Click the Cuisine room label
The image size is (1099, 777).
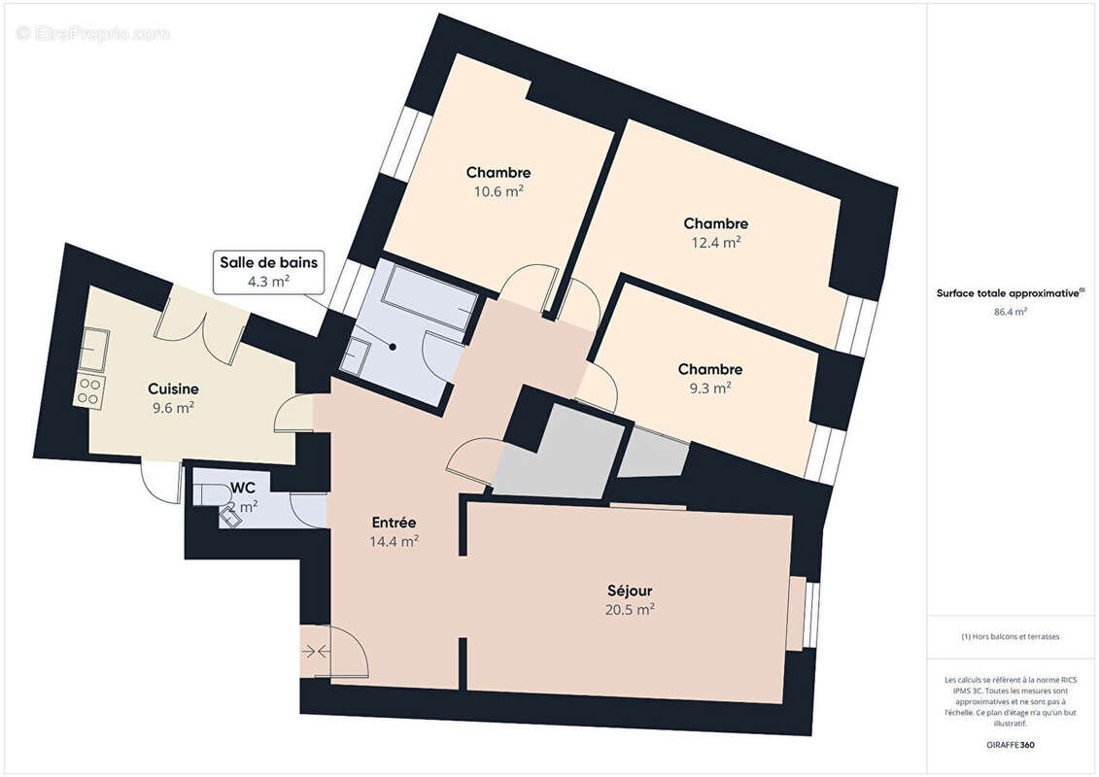tap(173, 388)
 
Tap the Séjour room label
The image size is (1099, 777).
tap(630, 591)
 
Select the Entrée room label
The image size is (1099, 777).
tap(394, 523)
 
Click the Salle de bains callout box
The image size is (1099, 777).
tap(269, 271)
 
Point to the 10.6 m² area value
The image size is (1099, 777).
tap(498, 191)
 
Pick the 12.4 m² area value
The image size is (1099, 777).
tap(715, 242)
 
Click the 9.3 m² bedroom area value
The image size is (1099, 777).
tap(710, 388)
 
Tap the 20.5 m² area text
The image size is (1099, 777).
tap(630, 609)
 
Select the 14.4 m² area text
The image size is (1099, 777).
tap(394, 541)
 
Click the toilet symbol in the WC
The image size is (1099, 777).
tap(213, 494)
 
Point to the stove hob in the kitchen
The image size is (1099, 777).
tap(89, 391)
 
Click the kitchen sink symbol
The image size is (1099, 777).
tap(93, 348)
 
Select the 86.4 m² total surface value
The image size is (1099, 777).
tap(1011, 312)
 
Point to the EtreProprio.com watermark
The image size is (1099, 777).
tap(92, 33)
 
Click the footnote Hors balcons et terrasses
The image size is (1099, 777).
tap(1011, 637)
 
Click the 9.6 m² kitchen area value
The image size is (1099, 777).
tap(173, 407)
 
